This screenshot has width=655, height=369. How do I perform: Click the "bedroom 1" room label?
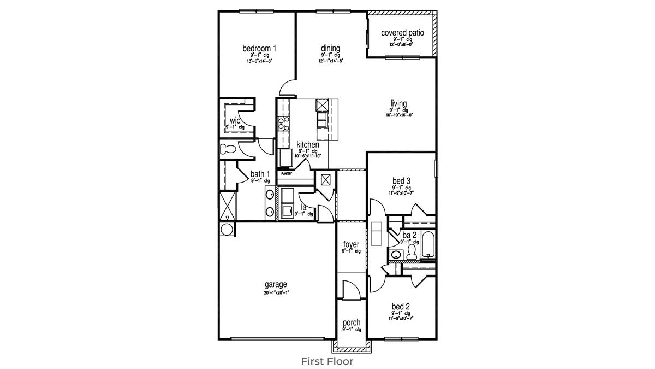coord(259,49)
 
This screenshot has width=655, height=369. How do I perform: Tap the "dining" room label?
coord(330,49)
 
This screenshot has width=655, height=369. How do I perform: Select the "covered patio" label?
coord(402,33)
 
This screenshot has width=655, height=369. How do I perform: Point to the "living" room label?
coord(398,103)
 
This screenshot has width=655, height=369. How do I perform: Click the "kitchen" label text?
coord(308,144)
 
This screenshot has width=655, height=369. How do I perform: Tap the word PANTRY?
coord(287,174)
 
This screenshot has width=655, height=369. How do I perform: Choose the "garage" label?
coord(276,284)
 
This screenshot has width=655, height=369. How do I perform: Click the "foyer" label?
coord(351,244)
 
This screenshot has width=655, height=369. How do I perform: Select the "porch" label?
coord(351,323)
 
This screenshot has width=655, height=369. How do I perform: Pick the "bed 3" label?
coord(401,180)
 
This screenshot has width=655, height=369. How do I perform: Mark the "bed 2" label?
coord(401,307)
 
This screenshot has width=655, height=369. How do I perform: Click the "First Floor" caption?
coord(327,361)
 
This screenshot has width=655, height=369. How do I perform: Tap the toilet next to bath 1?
coord(227,149)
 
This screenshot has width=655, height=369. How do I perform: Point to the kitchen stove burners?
coord(283,124)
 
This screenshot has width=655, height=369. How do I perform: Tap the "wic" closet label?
coord(235,121)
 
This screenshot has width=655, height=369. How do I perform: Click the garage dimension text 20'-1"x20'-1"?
coord(276,292)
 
